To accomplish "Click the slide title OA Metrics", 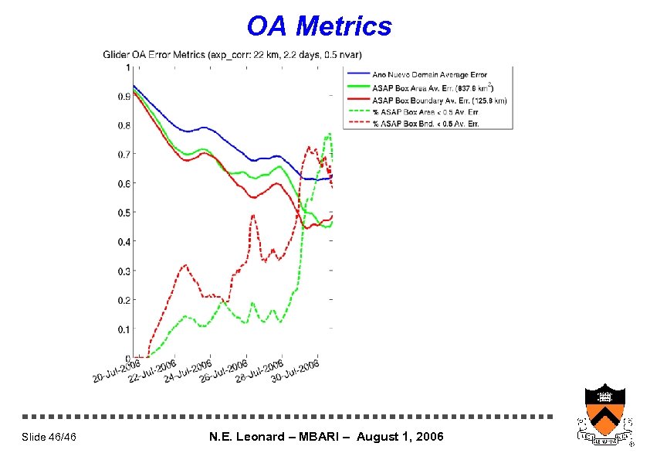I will click(x=319, y=26).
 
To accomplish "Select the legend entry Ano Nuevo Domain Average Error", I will click(x=430, y=75).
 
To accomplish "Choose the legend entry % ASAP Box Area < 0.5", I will click(x=424, y=112).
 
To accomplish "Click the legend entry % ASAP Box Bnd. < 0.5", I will click(x=425, y=124).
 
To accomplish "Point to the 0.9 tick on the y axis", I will click(x=124, y=97).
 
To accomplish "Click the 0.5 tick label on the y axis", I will click(x=124, y=213).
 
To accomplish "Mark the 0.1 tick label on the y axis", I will click(x=124, y=329).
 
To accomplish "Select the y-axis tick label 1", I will click(x=127, y=68).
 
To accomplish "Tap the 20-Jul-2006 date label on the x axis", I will click(x=116, y=371).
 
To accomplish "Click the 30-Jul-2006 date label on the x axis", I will click(x=296, y=373).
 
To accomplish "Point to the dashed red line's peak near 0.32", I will click(x=185, y=265).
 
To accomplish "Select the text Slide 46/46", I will click(x=49, y=438).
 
